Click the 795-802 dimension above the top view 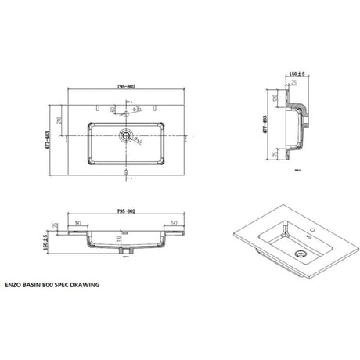126,87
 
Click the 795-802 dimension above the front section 126,211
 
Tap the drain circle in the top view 124,135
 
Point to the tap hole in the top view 124,110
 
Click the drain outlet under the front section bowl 126,252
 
